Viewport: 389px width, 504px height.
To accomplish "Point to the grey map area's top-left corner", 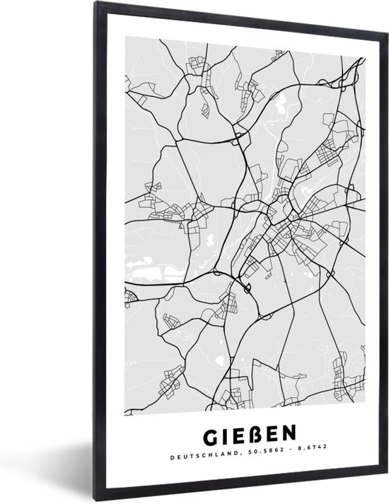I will tap(125, 40).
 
